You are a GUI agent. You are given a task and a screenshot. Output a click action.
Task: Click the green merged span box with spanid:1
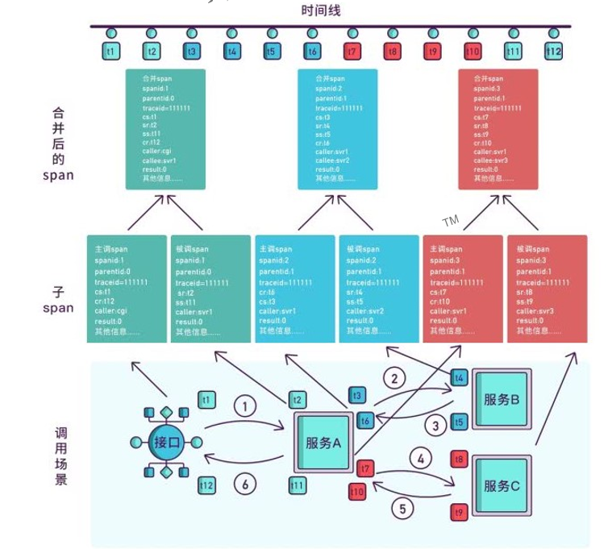(166, 130)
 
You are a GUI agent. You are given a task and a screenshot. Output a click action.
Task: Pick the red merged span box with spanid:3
(509, 130)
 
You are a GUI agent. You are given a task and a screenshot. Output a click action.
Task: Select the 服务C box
(501, 485)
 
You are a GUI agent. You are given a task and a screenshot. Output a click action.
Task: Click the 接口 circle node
(166, 442)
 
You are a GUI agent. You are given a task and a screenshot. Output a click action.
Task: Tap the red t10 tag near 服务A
(357, 490)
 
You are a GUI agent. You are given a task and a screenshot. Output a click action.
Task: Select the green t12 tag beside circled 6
(207, 485)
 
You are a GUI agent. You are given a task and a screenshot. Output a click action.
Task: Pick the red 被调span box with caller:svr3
(546, 289)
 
